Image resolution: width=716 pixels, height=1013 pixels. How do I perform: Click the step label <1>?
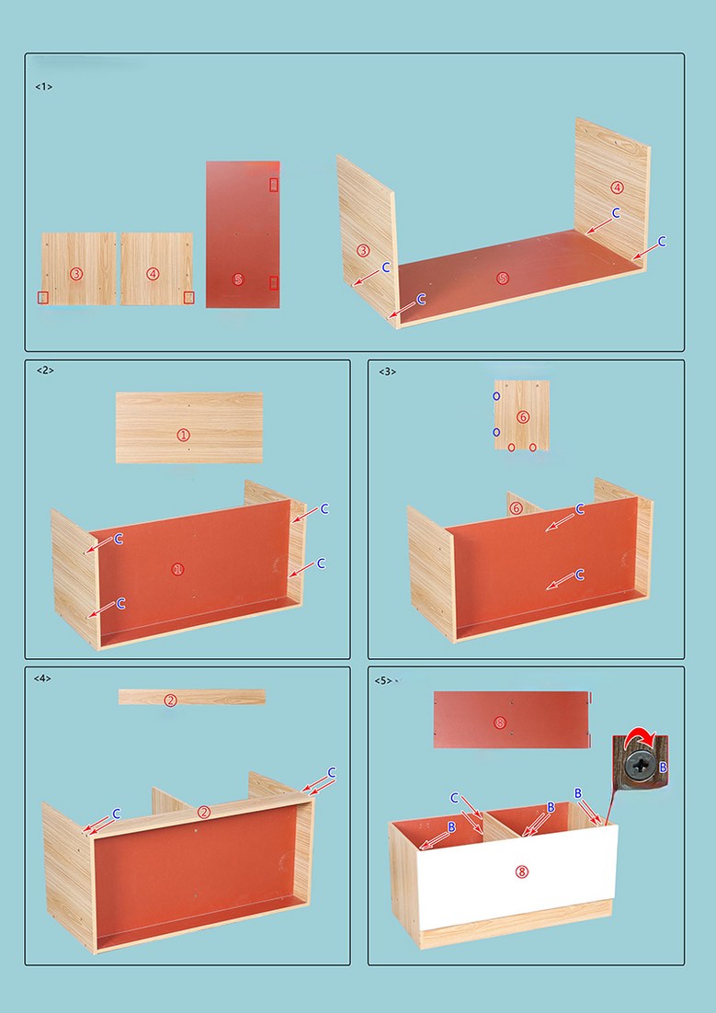(x=43, y=86)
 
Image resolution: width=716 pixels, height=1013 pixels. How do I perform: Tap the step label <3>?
(x=387, y=370)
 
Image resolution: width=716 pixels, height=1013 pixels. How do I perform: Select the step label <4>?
(x=42, y=677)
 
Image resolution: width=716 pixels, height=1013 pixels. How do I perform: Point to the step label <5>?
(x=383, y=680)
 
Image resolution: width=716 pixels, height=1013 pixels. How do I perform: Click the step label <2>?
(x=45, y=370)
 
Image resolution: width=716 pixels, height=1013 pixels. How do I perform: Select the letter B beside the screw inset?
(x=663, y=768)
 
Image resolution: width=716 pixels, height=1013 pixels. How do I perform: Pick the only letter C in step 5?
(x=454, y=798)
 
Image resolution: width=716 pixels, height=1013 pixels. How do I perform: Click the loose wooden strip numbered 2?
(x=192, y=697)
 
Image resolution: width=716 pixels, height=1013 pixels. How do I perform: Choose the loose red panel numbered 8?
(x=512, y=720)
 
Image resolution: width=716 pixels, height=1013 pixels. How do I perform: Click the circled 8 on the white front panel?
(x=521, y=871)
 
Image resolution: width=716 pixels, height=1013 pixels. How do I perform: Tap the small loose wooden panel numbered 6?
(x=522, y=415)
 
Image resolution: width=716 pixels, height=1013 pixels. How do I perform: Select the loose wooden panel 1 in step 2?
(x=189, y=427)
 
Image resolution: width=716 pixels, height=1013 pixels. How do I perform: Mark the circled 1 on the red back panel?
(x=177, y=569)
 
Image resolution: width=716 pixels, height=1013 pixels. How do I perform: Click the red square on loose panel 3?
(x=43, y=297)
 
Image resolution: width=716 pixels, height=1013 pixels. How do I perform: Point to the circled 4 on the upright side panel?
(x=617, y=188)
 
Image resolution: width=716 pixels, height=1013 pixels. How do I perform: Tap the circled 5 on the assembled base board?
(x=503, y=279)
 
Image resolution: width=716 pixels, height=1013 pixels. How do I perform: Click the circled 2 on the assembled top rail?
(x=204, y=812)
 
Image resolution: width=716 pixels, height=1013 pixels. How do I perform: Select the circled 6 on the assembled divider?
(x=516, y=508)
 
